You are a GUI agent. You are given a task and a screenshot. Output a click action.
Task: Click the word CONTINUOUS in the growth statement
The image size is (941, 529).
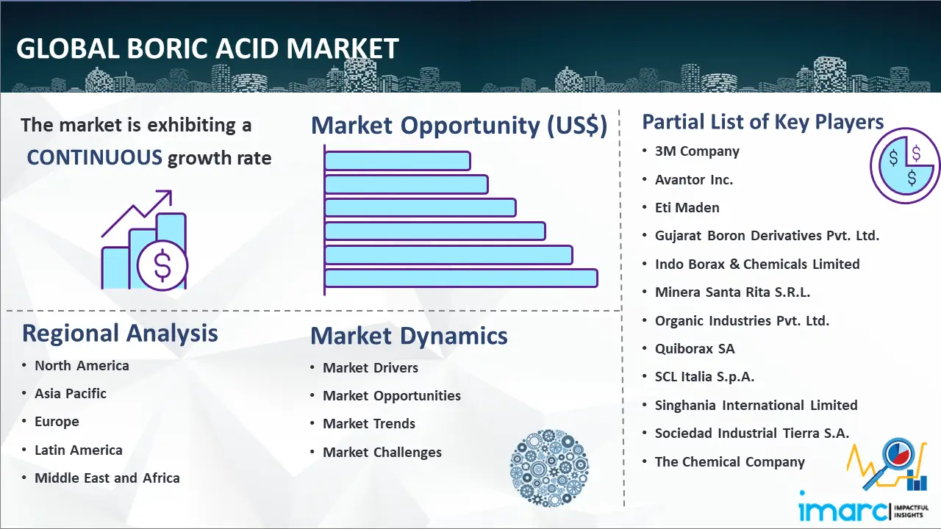click(95, 158)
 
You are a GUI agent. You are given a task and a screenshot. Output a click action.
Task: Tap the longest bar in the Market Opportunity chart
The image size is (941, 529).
click(461, 278)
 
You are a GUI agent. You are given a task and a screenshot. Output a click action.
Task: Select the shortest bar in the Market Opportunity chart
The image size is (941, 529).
click(398, 161)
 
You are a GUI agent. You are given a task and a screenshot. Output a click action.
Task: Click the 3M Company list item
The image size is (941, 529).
click(697, 151)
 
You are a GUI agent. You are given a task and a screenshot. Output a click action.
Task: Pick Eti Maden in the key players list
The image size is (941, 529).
click(687, 207)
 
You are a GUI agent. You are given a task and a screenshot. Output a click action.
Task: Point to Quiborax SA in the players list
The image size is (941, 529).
click(695, 348)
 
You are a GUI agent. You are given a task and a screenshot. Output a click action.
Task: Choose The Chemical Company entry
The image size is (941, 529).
click(730, 462)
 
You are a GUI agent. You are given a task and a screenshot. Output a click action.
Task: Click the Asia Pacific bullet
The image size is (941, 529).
click(70, 393)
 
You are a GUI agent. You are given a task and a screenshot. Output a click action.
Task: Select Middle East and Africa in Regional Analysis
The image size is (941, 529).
click(107, 478)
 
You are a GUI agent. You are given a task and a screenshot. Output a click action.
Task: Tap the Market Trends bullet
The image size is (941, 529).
click(369, 424)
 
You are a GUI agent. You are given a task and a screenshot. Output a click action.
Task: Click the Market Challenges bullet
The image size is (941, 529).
click(382, 452)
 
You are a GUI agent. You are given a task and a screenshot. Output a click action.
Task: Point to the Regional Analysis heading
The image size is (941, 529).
click(120, 334)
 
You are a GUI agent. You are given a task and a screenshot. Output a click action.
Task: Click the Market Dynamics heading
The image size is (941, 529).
click(409, 336)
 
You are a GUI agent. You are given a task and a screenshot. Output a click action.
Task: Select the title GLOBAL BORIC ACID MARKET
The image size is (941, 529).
click(207, 48)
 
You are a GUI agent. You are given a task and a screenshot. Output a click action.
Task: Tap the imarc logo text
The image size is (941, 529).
click(843, 511)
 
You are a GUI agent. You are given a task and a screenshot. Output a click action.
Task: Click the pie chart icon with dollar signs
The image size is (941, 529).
click(905, 166)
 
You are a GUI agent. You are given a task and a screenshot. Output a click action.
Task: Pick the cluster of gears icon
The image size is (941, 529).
click(549, 468)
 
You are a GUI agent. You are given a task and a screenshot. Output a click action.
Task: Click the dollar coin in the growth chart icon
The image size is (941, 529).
click(162, 266)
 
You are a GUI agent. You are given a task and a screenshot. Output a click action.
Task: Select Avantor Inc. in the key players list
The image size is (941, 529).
click(693, 180)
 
